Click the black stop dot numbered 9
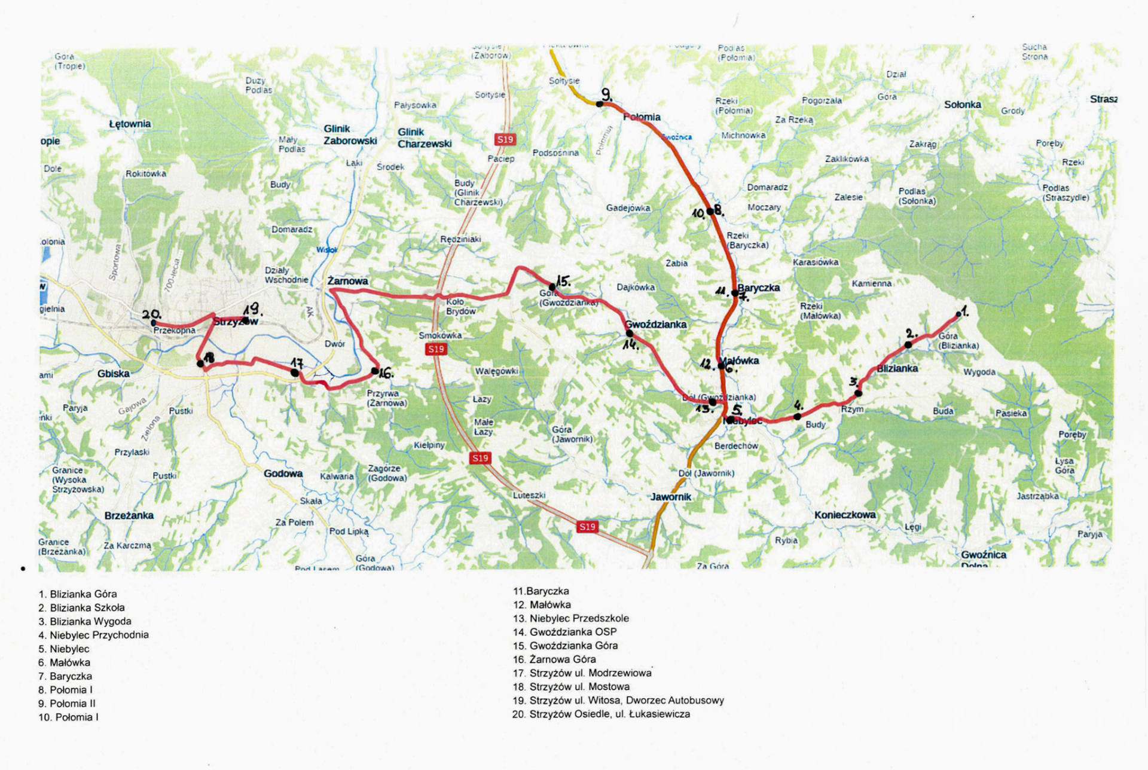pos(600,104)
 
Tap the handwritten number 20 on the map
pos(151,314)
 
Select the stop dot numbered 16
pos(375,371)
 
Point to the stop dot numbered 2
pos(908,344)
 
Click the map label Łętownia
pos(130,124)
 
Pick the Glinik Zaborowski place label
pos(350,135)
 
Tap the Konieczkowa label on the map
pos(844,515)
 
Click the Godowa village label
pos(283,473)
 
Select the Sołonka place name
pos(962,104)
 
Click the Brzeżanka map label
pos(129,515)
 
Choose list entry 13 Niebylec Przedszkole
pos(570,618)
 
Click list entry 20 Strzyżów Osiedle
pos(601,714)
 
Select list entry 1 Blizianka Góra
pos(78,594)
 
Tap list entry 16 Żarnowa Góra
pos(554,659)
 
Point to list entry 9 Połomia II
pos(67,704)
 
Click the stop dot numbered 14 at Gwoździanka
pos(629,333)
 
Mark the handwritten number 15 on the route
pos(563,281)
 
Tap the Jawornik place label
pos(671,497)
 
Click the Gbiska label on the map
pos(113,374)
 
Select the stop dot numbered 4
pos(797,416)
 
